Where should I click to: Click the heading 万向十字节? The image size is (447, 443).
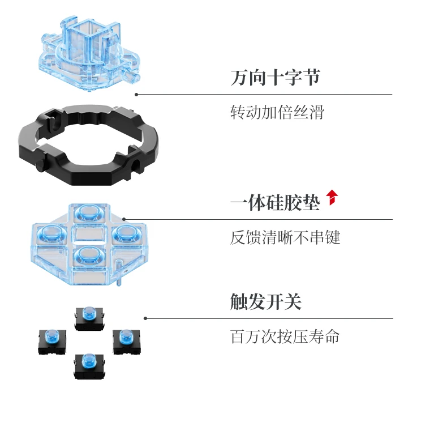(x=275, y=78)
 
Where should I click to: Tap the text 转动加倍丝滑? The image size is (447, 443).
(x=277, y=112)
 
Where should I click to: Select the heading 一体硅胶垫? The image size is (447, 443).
(x=275, y=202)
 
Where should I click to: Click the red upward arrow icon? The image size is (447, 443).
(x=332, y=197)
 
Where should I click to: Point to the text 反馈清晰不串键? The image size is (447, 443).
(x=285, y=237)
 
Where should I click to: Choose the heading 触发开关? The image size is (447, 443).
(x=265, y=301)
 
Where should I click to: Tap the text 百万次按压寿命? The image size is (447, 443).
(x=285, y=336)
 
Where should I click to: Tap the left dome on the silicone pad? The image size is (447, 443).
(x=49, y=233)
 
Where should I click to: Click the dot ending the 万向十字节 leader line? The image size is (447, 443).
(x=136, y=94)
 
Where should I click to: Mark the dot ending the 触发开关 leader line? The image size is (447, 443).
(x=145, y=318)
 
